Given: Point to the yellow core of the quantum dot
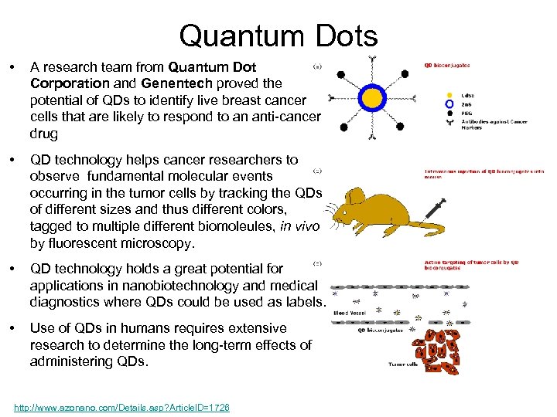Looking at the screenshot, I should (373, 98).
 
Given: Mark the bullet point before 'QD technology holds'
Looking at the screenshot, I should (12, 269).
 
